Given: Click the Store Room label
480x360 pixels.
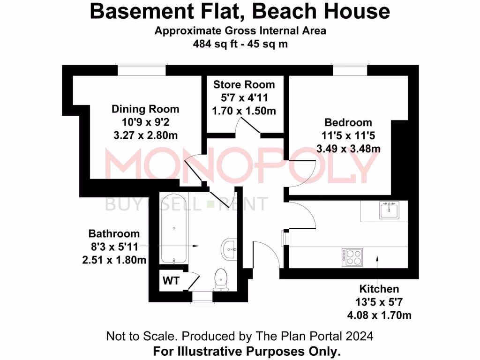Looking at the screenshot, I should [244, 85].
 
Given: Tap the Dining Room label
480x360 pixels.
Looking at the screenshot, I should [145, 109].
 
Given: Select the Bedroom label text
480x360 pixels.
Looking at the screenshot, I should [348, 123].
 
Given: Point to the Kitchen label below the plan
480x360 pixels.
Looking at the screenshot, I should [379, 289].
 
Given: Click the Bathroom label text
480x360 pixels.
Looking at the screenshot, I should [114, 233].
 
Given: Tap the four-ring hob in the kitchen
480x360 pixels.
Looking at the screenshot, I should [352, 256].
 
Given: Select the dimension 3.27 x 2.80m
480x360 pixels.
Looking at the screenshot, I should [145, 135].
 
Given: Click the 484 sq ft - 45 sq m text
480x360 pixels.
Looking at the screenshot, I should [240, 45].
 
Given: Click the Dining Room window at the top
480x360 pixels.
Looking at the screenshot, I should [141, 70].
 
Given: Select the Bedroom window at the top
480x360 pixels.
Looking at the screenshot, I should [350, 70].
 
